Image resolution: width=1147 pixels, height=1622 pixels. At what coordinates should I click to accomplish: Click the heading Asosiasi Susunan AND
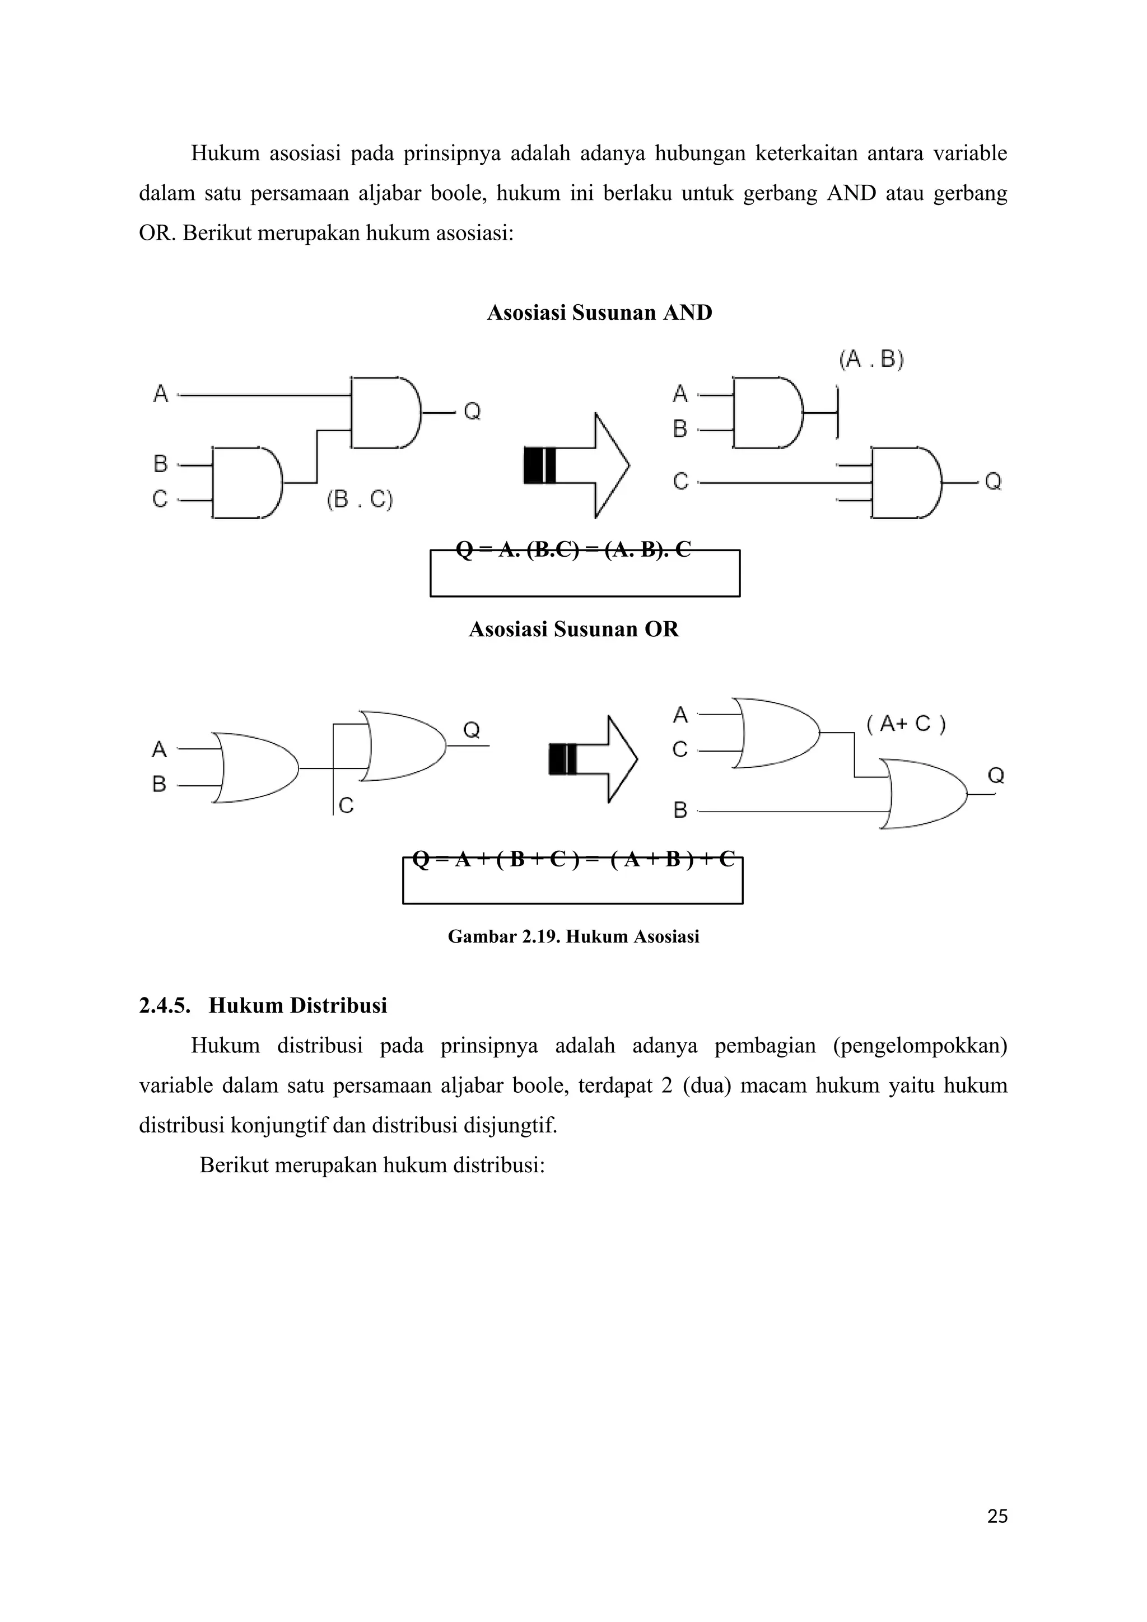click(600, 313)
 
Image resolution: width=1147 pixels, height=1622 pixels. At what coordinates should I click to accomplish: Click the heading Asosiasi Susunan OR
click(573, 630)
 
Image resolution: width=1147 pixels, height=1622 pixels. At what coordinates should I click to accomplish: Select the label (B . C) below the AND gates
click(360, 500)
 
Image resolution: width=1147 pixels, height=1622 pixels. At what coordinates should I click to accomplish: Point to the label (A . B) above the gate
click(871, 360)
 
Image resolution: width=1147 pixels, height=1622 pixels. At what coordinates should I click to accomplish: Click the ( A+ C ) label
click(906, 724)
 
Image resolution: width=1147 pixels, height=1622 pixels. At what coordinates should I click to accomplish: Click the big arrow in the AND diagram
click(577, 466)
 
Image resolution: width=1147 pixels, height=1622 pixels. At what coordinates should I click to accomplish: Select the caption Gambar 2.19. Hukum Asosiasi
click(573, 937)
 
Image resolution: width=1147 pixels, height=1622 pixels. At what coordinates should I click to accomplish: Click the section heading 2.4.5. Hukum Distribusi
click(263, 1005)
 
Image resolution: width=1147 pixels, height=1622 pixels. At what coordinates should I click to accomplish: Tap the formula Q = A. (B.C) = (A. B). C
click(573, 549)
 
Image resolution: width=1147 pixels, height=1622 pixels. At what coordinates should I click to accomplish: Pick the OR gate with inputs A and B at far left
click(254, 767)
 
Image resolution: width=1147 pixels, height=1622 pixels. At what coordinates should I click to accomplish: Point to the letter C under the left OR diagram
click(346, 805)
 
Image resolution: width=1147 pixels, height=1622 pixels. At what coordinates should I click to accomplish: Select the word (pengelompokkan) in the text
click(920, 1046)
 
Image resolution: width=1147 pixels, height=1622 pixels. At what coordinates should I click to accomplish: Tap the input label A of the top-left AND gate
click(161, 394)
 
